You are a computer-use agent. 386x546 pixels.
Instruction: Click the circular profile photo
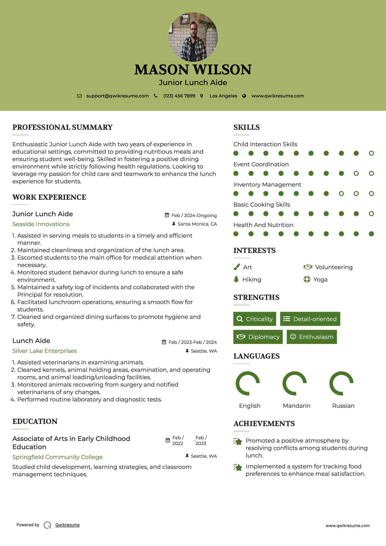point(193,37)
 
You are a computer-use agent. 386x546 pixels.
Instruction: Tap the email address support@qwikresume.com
point(117,96)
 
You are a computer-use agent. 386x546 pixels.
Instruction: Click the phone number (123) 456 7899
point(179,96)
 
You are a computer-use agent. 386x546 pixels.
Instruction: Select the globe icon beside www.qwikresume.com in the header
point(244,96)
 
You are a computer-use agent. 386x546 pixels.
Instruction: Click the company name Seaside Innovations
point(41,224)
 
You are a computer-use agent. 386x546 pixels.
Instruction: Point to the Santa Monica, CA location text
point(197,224)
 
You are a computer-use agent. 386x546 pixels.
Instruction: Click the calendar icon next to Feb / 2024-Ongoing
point(167,215)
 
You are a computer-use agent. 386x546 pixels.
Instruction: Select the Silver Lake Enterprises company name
point(44,351)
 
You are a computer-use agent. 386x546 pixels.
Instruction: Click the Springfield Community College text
point(57,457)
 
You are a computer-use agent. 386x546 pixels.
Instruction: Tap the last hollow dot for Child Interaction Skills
point(371,153)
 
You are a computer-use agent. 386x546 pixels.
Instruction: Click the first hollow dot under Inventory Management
point(341,194)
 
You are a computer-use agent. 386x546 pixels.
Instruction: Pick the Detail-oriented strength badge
point(310,319)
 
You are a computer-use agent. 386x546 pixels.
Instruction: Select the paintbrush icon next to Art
point(236,267)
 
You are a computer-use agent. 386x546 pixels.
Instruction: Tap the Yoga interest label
point(320,280)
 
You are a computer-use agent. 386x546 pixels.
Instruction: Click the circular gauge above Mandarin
point(294,383)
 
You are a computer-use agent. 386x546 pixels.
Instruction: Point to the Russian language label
point(343,406)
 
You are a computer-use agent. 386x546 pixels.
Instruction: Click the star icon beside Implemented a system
point(238,467)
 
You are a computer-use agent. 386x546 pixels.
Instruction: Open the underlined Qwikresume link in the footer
point(67,525)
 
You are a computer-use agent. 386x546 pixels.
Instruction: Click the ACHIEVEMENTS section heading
point(264,424)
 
